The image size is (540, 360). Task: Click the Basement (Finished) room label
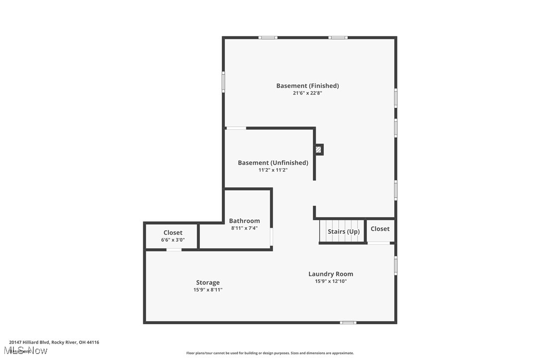pyautogui.click(x=307, y=86)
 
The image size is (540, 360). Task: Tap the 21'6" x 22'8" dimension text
pyautogui.click(x=307, y=93)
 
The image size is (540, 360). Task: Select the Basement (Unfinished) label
pyautogui.click(x=272, y=163)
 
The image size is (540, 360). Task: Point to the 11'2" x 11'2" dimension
pyautogui.click(x=272, y=170)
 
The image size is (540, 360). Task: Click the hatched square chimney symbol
pyautogui.click(x=319, y=149)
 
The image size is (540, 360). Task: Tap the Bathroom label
pyautogui.click(x=244, y=221)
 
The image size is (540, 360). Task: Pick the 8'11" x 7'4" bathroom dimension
pyautogui.click(x=244, y=228)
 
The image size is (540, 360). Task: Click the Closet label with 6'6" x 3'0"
pyautogui.click(x=173, y=233)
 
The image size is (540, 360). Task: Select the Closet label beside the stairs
pyautogui.click(x=380, y=229)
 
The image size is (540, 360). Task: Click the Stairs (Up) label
pyautogui.click(x=344, y=232)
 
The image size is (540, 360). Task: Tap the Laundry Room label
pyautogui.click(x=331, y=274)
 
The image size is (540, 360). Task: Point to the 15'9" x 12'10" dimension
pyautogui.click(x=331, y=281)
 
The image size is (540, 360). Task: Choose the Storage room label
pyautogui.click(x=207, y=282)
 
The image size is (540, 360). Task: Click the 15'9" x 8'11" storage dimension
pyautogui.click(x=208, y=290)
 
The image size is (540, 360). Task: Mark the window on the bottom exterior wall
pyautogui.click(x=348, y=323)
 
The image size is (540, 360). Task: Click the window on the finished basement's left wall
pyautogui.click(x=223, y=82)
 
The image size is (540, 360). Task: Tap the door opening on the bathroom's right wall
pyautogui.click(x=271, y=237)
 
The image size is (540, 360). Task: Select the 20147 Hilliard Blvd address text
pyautogui.click(x=54, y=342)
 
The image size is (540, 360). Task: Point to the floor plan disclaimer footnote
pyautogui.click(x=270, y=353)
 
